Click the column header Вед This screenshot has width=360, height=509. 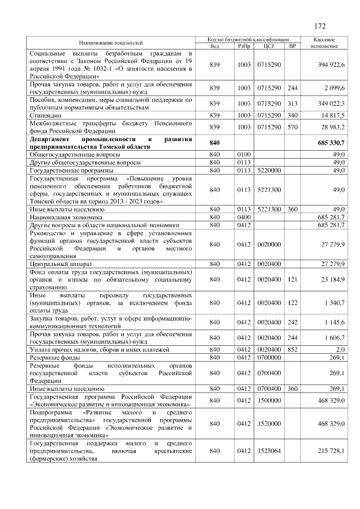click(214, 46)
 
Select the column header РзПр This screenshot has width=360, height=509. click(244, 46)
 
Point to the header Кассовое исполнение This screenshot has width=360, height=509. click(323, 42)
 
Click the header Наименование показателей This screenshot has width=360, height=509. click(111, 42)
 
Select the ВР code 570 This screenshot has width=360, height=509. click(292, 128)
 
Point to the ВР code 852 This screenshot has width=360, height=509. click(292, 349)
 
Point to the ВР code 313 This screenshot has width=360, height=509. click(292, 103)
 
